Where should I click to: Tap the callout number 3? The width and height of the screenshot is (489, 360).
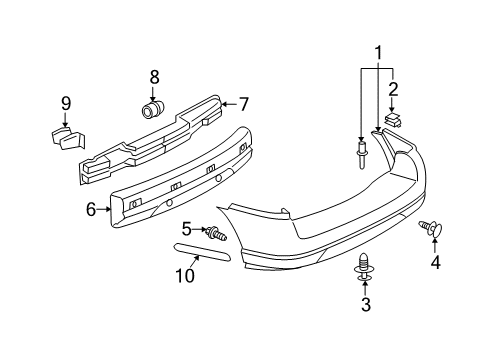point(365,305)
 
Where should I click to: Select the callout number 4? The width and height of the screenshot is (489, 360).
point(434,264)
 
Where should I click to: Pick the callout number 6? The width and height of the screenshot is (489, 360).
point(90,209)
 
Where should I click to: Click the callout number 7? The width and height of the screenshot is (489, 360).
point(242,102)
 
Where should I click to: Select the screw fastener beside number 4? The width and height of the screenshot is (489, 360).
point(434,229)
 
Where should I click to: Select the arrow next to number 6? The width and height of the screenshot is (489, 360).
point(104,210)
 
